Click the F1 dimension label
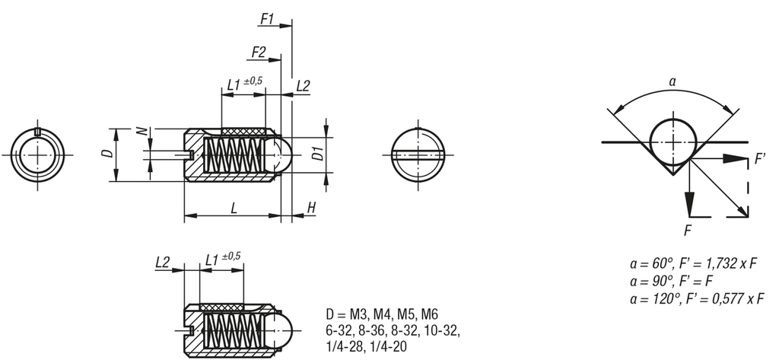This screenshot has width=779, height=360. point(267,18)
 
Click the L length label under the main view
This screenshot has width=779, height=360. point(234,207)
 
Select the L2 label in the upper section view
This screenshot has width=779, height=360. point(302,85)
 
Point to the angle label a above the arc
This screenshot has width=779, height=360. point(672,80)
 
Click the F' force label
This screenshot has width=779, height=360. point(758,161)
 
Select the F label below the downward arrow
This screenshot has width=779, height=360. point(688,228)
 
